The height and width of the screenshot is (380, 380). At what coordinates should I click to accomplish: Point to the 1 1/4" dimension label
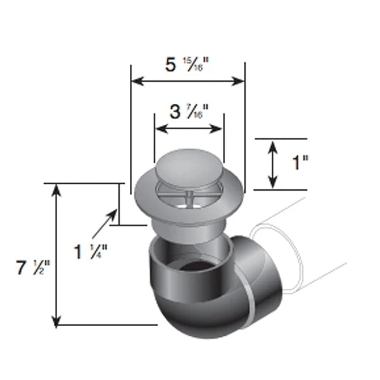coord(91,251)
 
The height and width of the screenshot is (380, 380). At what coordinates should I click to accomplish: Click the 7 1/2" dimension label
coord(30,269)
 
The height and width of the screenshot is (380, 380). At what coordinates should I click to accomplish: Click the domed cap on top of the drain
coord(189,167)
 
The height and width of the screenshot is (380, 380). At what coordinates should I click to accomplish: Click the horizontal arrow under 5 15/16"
coord(187,81)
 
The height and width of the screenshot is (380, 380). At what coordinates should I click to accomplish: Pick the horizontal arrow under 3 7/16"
coord(189,129)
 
